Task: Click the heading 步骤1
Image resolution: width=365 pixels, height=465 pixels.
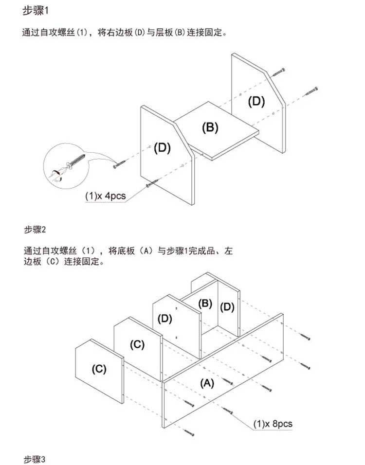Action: pyautogui.click(x=35, y=11)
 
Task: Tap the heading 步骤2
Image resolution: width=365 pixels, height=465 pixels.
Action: pyautogui.click(x=35, y=229)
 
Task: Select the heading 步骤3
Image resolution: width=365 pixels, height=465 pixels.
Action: pyautogui.click(x=35, y=459)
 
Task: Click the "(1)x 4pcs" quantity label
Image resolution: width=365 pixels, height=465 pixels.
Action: pyautogui.click(x=105, y=196)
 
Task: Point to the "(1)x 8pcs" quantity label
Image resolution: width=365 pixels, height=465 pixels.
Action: pyautogui.click(x=273, y=424)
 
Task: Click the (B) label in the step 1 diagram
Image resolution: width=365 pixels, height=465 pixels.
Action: pyautogui.click(x=210, y=127)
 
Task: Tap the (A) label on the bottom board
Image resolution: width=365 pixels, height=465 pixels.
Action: pyautogui.click(x=207, y=383)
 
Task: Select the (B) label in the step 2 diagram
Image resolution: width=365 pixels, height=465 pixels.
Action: pyautogui.click(x=205, y=304)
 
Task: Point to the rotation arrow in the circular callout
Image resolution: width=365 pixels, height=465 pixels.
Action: pyautogui.click(x=56, y=175)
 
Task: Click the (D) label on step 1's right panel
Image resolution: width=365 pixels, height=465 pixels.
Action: pyautogui.click(x=256, y=102)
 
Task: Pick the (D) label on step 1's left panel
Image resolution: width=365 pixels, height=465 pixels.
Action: pyautogui.click(x=163, y=148)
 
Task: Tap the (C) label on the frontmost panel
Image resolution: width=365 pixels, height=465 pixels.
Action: pyautogui.click(x=99, y=369)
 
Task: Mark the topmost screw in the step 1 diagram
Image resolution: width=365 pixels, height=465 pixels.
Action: pyautogui.click(x=279, y=72)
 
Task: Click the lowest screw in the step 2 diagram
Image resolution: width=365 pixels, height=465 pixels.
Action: pyautogui.click(x=189, y=433)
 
